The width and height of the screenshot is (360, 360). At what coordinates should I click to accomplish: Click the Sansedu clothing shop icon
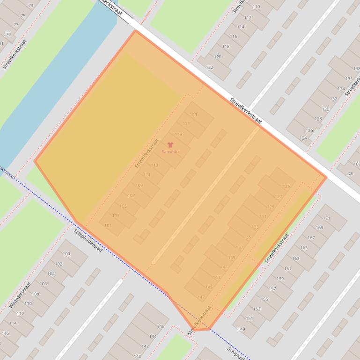click(170, 145)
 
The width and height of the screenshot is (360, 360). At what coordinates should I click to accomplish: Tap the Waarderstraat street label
click(20, 295)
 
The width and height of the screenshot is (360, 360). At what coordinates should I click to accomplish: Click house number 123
click(193, 115)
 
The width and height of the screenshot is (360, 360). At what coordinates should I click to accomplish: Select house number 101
click(108, 226)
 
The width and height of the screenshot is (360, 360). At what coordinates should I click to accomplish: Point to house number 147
click(201, 297)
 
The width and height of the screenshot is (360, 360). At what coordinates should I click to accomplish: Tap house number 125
click(286, 187)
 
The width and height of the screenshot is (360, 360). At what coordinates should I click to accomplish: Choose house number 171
click(326, 218)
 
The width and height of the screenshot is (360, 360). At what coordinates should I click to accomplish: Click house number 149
click(241, 329)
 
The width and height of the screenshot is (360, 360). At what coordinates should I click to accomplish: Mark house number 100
click(66, 254)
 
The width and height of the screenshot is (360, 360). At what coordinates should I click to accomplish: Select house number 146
click(160, 326)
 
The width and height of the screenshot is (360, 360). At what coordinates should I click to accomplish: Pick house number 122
click(209, 67)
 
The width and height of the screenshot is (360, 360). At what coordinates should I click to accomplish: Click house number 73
click(31, 6)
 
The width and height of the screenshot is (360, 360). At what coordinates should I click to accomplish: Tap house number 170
click(349, 174)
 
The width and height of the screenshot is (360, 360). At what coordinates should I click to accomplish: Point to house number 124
click(303, 138)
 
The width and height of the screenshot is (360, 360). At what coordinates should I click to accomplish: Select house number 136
click(349, 79)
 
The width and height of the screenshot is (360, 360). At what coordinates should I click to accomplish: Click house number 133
click(255, 227)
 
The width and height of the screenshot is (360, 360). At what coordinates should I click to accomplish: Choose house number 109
click(139, 186)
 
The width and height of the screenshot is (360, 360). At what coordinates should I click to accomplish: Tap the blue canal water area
click(56, 84)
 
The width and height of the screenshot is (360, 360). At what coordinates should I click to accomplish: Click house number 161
click(287, 269)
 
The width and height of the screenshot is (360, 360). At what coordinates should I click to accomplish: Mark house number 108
click(35, 294)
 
